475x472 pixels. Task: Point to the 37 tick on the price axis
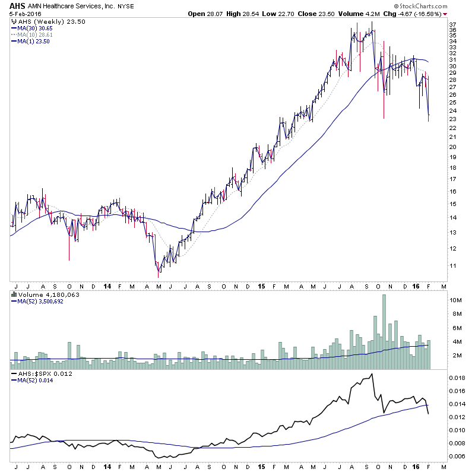click(x=452, y=24)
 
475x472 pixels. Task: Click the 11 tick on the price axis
click(x=452, y=266)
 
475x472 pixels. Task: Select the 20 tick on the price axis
click(x=452, y=147)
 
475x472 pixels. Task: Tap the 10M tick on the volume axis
click(x=455, y=300)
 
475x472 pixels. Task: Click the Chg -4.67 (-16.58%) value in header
click(x=419, y=14)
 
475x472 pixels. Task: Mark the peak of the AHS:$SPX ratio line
click(x=372, y=374)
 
